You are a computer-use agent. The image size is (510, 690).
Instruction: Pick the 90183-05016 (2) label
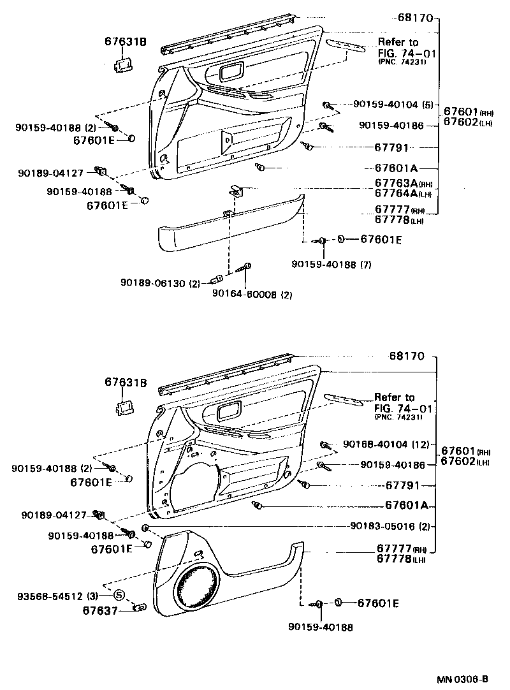click(x=391, y=526)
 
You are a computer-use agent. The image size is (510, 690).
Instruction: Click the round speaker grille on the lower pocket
click(x=198, y=589)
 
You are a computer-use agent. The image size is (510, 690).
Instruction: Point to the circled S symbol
click(x=119, y=596)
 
